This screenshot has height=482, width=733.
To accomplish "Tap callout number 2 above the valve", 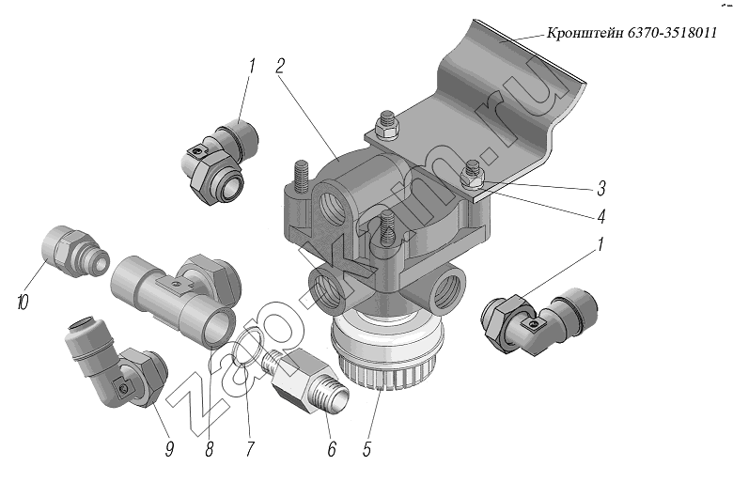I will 280,66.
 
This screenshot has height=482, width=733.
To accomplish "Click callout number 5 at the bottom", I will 367,449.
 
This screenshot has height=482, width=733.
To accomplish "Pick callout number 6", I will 331,449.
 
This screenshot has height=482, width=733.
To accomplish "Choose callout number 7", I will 250,449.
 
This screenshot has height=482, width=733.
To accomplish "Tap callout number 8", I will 209,449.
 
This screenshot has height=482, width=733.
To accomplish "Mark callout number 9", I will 170,449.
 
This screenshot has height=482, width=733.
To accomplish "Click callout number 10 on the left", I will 22,302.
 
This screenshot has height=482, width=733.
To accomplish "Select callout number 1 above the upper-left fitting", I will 252,66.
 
